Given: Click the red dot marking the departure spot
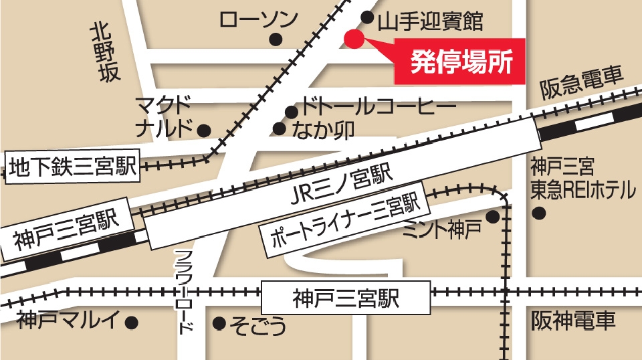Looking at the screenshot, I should coord(354,39).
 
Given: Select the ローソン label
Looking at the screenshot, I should coord(258,19).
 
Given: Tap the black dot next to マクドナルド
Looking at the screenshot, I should coord(204,130).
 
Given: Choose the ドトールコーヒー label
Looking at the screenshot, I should coord(379,106).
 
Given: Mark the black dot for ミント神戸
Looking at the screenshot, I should coord(493,217).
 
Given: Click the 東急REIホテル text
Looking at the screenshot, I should coord(582,190).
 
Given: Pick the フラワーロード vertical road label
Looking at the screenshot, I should coord(186,292).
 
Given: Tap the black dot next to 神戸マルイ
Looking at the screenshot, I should coord(132,323).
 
